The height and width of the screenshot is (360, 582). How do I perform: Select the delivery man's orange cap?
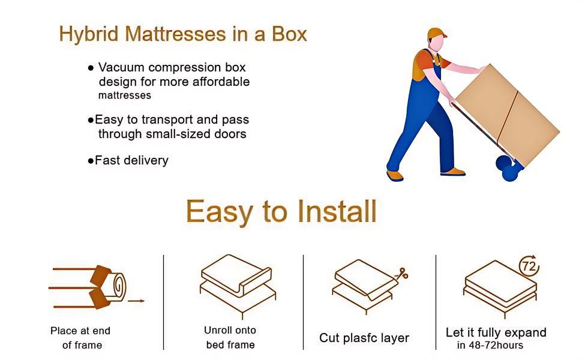coord(437,34)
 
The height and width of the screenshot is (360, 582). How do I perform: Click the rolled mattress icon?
coord(108,287)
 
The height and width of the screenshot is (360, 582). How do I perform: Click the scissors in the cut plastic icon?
coord(401,274)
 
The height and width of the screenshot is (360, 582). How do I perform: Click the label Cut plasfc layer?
coord(364,338)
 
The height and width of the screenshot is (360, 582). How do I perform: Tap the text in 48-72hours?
coord(490,345)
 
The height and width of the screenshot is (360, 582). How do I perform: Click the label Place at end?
coord(80,331)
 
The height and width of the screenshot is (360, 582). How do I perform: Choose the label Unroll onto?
coord(230,330)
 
